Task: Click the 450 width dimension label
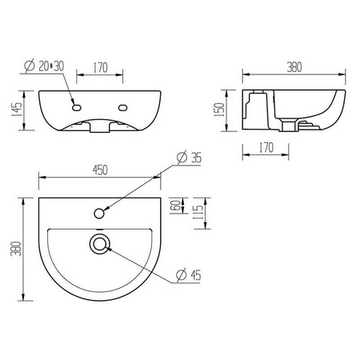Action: coord(100,170)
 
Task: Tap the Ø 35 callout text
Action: coord(190,157)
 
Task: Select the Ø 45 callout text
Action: coord(189,275)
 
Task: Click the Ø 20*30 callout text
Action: coord(44,66)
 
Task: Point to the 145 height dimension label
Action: coord(17,110)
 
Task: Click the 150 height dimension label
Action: coord(219,110)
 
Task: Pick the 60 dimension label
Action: coord(175,206)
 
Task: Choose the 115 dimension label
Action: coord(198,213)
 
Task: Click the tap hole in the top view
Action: coord(99,214)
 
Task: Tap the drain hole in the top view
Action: coord(99,244)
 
